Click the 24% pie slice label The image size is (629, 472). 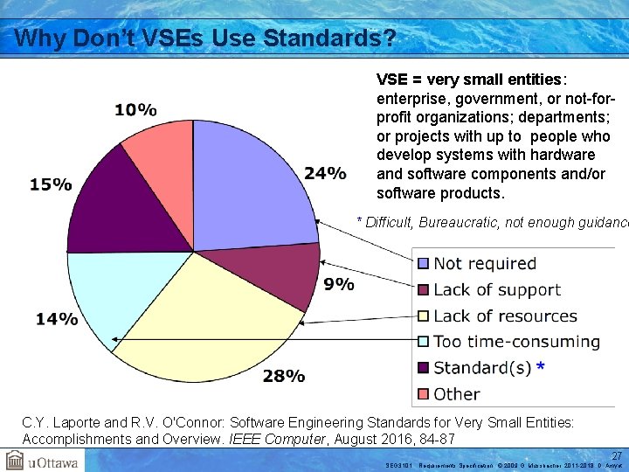325,173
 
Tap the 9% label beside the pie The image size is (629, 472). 338,284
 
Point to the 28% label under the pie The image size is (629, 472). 284,377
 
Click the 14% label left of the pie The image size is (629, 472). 56,319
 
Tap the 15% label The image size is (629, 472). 51,184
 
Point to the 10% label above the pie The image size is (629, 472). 135,110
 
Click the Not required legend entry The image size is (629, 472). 484,263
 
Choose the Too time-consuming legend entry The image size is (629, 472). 515,342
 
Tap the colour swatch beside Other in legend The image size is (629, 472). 423,394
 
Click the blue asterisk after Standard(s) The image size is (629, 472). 541,367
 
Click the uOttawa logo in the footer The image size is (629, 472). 42,461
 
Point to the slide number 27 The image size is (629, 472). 616,455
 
